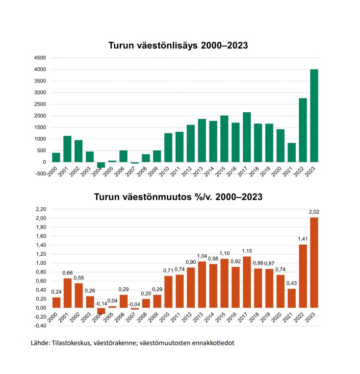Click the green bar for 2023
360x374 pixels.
(314, 116)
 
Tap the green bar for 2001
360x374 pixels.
(67, 149)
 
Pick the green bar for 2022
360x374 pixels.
(303, 130)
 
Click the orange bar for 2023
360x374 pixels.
(314, 262)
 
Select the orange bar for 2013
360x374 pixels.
(202, 284)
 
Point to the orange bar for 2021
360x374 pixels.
(291, 298)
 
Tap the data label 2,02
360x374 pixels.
(314, 212)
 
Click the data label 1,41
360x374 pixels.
(303, 239)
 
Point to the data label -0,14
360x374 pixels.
(101, 303)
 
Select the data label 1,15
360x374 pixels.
(247, 251)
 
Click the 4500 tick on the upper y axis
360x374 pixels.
(40, 58)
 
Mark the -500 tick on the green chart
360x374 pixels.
(40, 174)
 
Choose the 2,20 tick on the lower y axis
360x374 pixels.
(40, 209)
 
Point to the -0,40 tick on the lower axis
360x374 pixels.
(40, 326)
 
